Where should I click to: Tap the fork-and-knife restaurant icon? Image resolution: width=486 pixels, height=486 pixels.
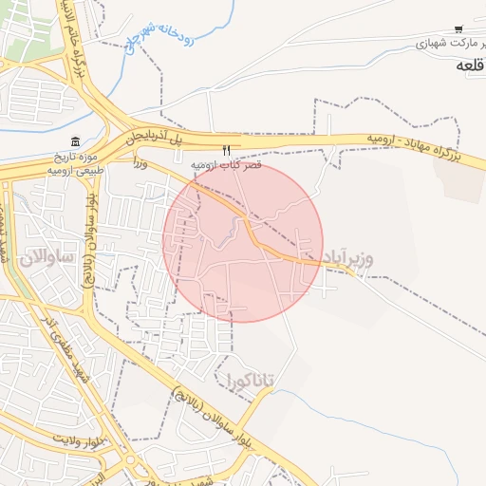226,150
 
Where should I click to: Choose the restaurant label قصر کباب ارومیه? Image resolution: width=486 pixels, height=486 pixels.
225,164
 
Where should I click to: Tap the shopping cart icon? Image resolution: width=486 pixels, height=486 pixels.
458,29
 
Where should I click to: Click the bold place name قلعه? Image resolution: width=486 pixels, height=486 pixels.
468,65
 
